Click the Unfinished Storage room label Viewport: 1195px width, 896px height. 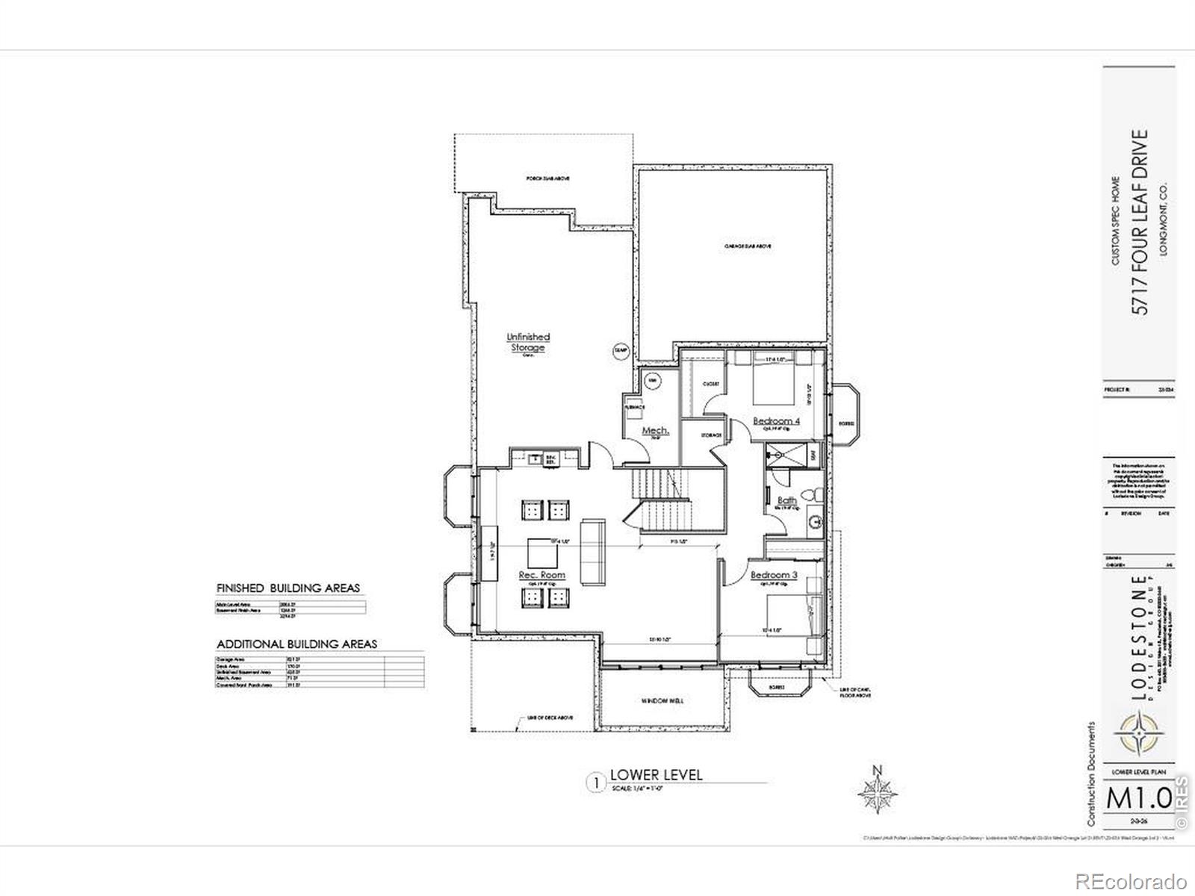click(528, 342)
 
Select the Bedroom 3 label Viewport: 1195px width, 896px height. click(774, 575)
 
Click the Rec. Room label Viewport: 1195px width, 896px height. click(541, 575)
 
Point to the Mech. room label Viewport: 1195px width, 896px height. click(655, 432)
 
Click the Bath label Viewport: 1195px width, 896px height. click(786, 500)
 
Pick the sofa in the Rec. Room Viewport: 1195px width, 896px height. click(595, 550)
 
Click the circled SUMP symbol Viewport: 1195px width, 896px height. click(621, 350)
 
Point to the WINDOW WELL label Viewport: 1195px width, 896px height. click(662, 701)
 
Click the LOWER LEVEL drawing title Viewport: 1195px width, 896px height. click(656, 774)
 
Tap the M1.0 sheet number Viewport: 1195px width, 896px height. click(1139, 798)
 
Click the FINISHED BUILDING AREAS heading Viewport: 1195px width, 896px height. click(288, 588)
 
